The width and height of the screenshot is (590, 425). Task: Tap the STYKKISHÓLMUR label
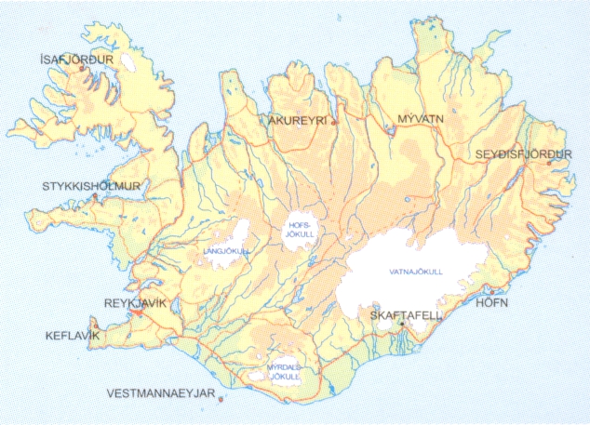[90, 186]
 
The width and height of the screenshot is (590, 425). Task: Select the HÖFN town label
[493, 303]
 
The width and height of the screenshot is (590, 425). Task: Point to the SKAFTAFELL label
[406, 316]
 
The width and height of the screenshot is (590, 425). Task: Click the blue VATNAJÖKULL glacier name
[415, 271]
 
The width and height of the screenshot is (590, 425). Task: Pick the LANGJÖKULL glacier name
[221, 251]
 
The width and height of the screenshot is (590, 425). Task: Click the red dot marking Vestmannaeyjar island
[221, 400]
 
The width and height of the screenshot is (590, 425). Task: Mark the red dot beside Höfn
[491, 290]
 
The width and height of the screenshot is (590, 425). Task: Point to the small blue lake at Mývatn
[393, 132]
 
